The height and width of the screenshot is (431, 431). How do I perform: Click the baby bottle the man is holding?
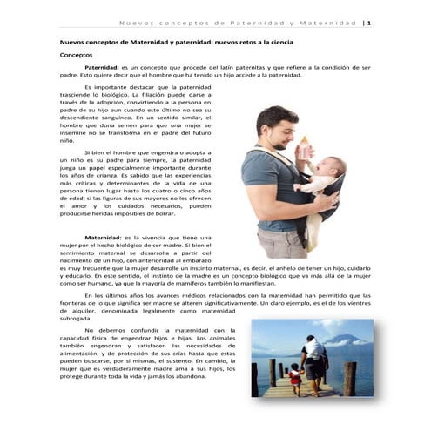tap(305, 149)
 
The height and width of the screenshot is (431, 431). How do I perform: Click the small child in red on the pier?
tap(296, 376)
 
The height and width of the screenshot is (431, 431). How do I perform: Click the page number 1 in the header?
tap(370, 23)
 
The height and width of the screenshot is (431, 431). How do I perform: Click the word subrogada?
tap(75, 320)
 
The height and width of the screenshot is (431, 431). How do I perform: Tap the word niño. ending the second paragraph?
tap(66, 139)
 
